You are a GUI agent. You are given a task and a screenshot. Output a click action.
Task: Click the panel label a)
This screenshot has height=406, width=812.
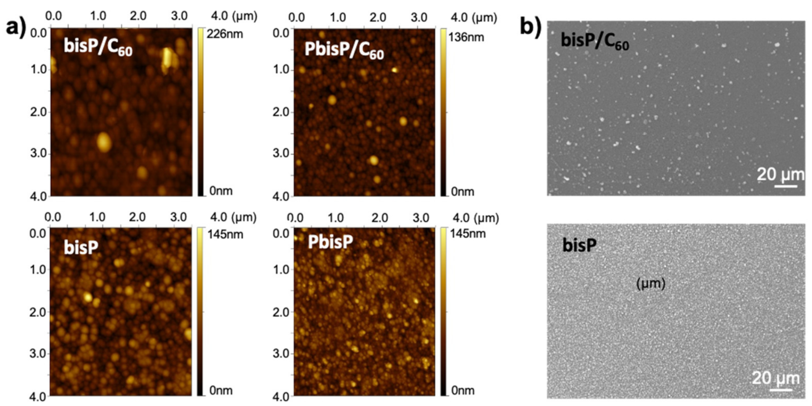coord(15,27)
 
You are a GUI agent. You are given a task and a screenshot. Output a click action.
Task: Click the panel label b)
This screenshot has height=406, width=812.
coord(530,27)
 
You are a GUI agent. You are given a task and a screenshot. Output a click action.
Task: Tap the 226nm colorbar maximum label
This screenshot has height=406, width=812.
coord(225,34)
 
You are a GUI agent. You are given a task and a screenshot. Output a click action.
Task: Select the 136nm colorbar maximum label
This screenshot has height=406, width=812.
coord(466,37)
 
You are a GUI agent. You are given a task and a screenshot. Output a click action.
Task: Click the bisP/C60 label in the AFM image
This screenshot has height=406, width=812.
coord(98,47)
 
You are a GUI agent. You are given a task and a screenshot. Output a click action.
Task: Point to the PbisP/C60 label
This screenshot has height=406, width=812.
coord(344,50)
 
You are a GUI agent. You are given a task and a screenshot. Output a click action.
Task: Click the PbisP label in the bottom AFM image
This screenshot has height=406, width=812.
coord(330,241)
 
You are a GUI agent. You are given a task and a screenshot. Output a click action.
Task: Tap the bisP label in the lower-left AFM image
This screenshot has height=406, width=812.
coord(81,247)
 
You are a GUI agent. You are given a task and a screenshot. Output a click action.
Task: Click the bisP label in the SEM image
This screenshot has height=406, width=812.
coord(579,245)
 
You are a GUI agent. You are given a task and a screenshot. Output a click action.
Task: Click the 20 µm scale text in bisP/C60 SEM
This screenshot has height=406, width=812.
coord(780,174)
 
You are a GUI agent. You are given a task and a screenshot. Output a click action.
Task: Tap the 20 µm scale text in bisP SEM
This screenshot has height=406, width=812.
coord(776,378)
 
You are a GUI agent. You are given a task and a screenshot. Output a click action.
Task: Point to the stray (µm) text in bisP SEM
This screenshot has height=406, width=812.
coord(650,284)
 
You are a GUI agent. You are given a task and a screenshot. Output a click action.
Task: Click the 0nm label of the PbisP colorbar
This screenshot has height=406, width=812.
coord(463,391)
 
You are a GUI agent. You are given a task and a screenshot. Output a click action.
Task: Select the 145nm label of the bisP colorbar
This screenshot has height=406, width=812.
coord(225,234)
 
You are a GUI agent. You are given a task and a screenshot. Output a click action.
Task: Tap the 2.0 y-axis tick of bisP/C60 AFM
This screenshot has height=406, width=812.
coord(38,112)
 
